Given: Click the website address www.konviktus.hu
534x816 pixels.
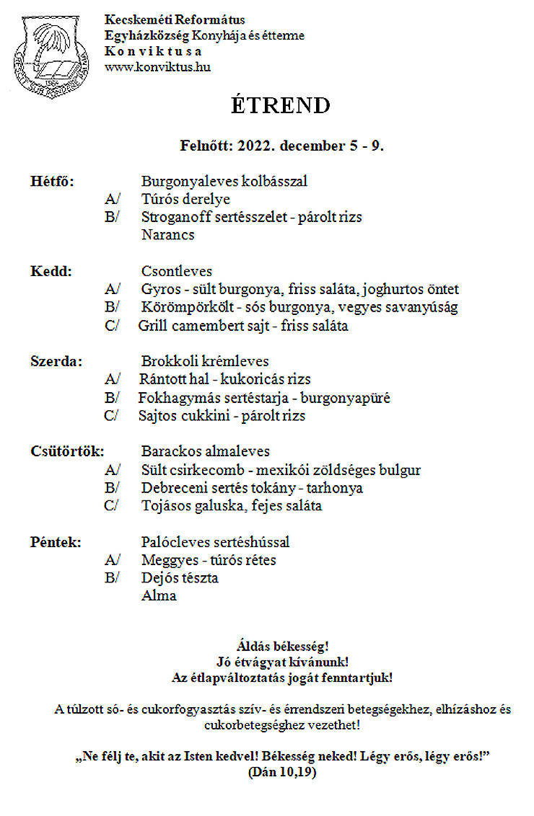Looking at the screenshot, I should pos(157,67).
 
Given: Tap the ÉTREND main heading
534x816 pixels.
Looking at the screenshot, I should pos(281,105).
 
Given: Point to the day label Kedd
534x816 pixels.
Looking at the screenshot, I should pos(51,272).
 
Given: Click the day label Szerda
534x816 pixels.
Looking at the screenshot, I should pos(56,362).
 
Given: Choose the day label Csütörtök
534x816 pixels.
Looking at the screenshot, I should pos(67,452).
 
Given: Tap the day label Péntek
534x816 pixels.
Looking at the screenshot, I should pos(55,542).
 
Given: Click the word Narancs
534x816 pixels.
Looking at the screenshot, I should pos(167,235).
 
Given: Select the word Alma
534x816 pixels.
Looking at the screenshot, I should pos(159,596).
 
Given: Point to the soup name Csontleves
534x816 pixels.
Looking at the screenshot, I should pos(177,272).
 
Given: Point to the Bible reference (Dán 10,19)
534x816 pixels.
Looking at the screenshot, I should pos(281,772).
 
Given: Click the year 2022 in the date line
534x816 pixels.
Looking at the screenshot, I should pos(254,146).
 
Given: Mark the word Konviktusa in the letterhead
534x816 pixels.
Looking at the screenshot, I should pos(153,51).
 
